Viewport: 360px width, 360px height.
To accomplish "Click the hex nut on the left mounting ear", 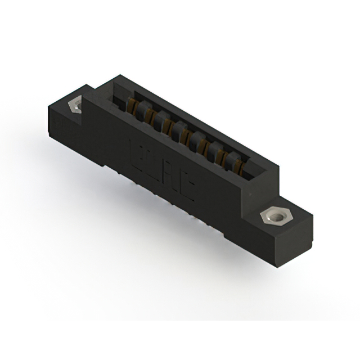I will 75,105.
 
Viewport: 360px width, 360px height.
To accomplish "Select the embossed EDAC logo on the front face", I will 162,171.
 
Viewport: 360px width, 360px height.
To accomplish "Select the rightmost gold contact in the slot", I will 238,165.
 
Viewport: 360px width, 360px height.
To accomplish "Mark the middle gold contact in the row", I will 185,135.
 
